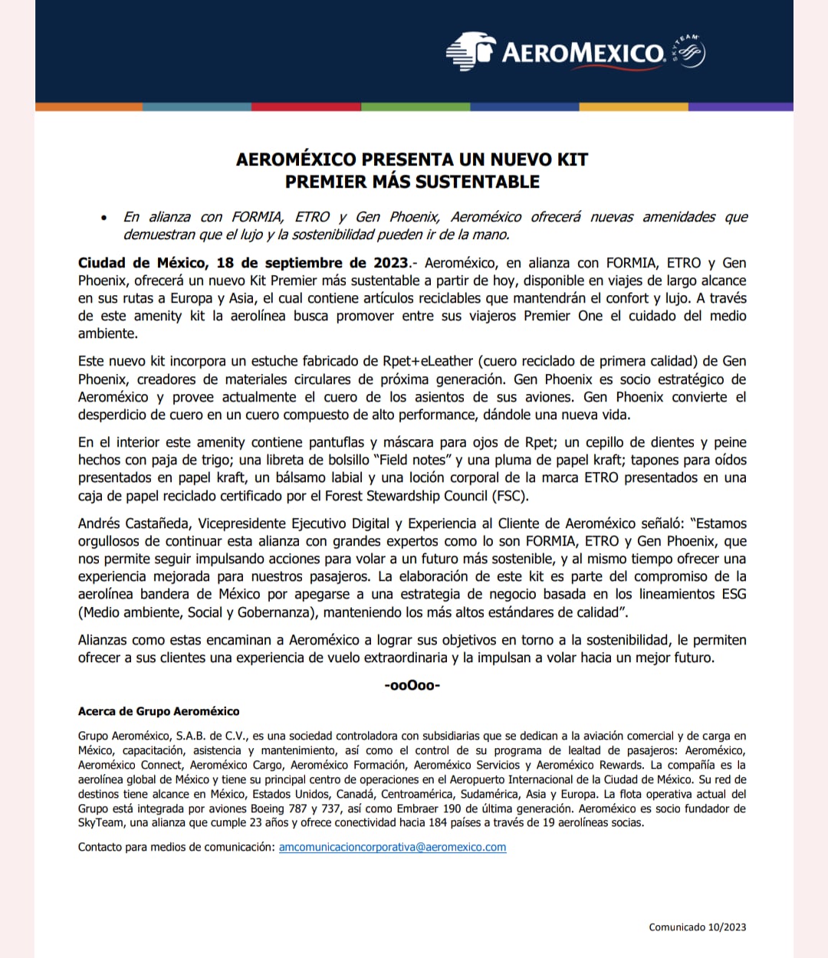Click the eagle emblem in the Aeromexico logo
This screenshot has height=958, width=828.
[470, 51]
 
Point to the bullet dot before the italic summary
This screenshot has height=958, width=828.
[104, 218]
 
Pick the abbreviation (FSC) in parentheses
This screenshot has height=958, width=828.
[509, 495]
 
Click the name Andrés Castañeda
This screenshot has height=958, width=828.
[134, 523]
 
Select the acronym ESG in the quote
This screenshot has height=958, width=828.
[732, 594]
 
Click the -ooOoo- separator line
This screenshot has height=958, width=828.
[412, 685]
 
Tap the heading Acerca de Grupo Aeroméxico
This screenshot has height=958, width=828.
[159, 711]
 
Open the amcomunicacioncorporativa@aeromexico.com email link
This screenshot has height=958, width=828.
[393, 847]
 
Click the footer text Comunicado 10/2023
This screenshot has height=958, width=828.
[697, 927]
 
